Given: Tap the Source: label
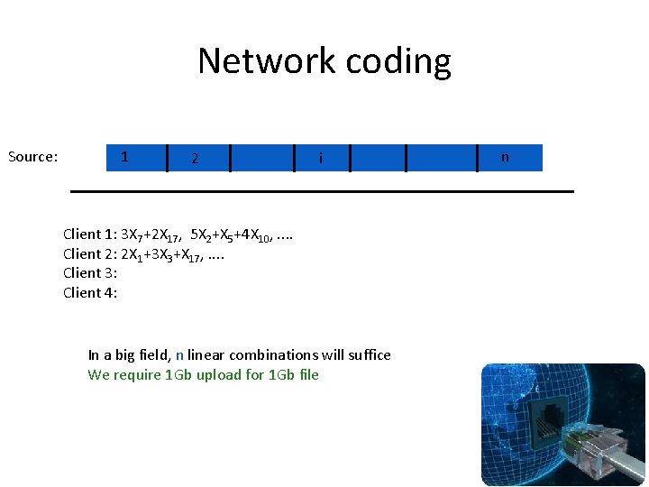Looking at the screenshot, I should coord(33,157).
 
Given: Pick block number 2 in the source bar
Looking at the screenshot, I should coord(195,159).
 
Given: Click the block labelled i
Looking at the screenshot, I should coord(321,159).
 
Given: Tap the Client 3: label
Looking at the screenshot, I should coord(90,272).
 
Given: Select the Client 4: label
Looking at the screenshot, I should coord(90,292).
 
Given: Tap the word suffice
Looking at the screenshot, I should coord(367,355).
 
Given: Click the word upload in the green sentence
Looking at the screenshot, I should coord(215,375).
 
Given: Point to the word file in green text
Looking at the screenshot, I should coord(307,375).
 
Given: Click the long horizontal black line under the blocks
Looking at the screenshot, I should coord(323,191).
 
